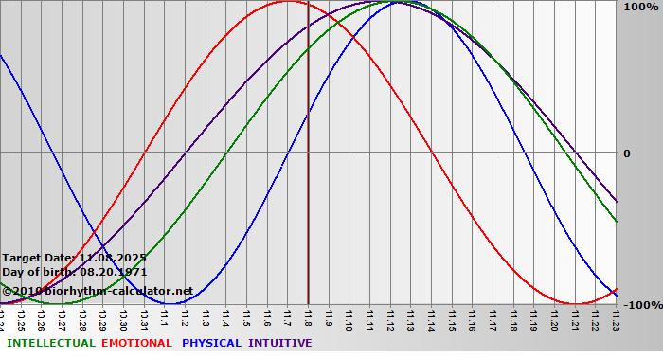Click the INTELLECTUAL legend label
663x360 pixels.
(x=51, y=343)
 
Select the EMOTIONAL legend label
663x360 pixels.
(x=136, y=343)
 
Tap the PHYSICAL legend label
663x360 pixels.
(x=212, y=343)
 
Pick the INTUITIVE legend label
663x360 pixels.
(x=280, y=343)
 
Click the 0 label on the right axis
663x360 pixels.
(x=626, y=153)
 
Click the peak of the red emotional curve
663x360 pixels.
(x=288, y=2)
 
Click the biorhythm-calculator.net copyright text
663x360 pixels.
(x=99, y=290)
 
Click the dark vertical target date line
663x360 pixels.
(x=308, y=189)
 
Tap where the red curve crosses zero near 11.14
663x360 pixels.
(x=432, y=152)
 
